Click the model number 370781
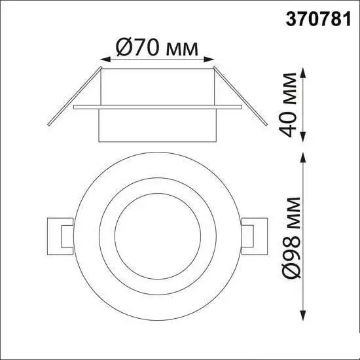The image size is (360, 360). [x=318, y=19]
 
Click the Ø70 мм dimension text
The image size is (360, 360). [x=157, y=47]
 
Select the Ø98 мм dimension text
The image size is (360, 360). [x=291, y=238]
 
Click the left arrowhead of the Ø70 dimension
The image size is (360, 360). [x=105, y=60]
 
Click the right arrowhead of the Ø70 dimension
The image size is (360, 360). [x=209, y=60]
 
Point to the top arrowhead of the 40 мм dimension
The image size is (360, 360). [x=303, y=73]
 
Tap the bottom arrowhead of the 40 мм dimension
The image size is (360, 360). [x=303, y=137]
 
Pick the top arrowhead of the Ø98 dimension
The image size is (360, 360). [x=303, y=158]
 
